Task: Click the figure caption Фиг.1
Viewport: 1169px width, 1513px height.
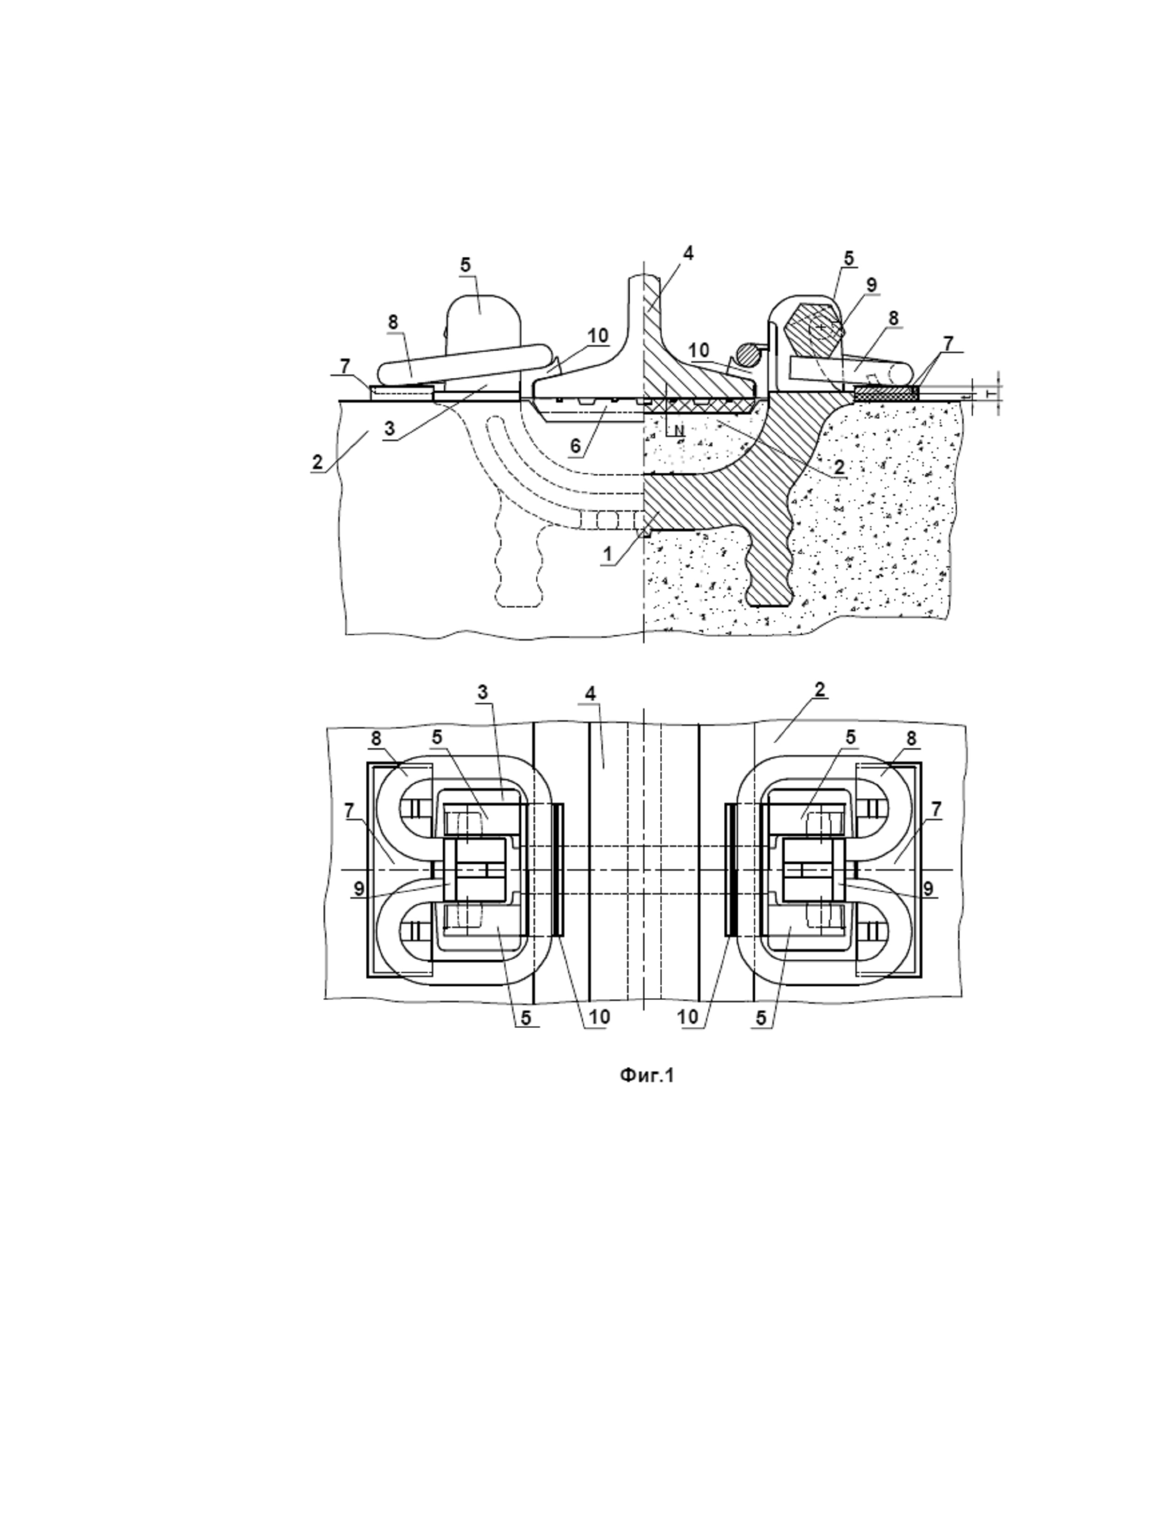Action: pyautogui.click(x=646, y=1075)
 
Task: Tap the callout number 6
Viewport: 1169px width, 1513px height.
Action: pyautogui.click(x=575, y=446)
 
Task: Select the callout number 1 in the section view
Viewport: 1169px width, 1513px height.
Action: pyautogui.click(x=607, y=553)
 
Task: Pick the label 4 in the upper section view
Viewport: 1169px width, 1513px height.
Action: pyautogui.click(x=687, y=254)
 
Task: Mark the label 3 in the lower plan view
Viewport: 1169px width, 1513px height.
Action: pyautogui.click(x=483, y=691)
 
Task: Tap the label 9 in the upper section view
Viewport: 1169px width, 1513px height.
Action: pyautogui.click(x=871, y=284)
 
